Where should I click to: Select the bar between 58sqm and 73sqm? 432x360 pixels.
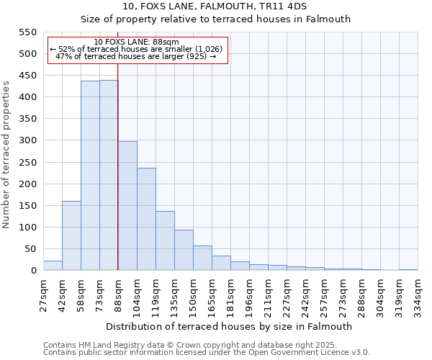point(90,176)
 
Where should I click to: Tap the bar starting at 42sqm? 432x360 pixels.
point(71,235)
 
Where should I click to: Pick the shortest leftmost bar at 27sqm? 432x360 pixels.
point(53,266)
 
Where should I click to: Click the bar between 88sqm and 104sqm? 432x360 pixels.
point(127,206)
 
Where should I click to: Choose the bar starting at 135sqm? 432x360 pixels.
point(184,250)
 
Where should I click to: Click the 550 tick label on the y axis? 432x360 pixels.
point(27,32)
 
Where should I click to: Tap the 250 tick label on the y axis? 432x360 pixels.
point(27,163)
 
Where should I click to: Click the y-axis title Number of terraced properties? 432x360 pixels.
point(6,154)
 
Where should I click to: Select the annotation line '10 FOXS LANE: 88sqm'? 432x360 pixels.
point(137,42)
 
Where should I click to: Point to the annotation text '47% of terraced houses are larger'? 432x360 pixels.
point(135,56)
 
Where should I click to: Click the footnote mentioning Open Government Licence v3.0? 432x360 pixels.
point(207,353)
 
